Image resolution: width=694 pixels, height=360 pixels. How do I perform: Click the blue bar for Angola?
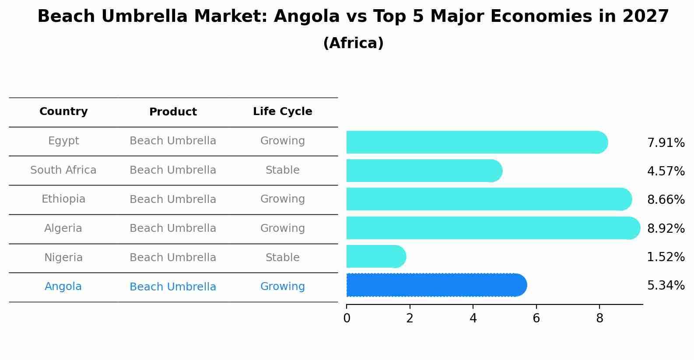click(x=435, y=285)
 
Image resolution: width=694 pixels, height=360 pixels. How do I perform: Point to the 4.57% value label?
click(x=666, y=171)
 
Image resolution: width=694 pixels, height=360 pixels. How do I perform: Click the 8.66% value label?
click(x=666, y=200)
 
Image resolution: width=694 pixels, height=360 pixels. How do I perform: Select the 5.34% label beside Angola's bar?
click(x=666, y=286)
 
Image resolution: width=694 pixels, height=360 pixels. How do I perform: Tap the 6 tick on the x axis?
click(x=536, y=318)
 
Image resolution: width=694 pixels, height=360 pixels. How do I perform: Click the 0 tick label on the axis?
click(x=347, y=318)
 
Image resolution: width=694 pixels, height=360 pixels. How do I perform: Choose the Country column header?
click(x=63, y=112)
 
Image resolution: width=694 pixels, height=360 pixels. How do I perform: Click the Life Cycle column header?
click(x=282, y=112)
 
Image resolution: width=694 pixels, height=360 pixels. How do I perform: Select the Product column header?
click(x=173, y=112)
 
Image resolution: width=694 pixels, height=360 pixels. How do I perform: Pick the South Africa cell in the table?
click(x=63, y=170)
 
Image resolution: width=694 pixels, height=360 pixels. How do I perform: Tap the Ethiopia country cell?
click(x=63, y=199)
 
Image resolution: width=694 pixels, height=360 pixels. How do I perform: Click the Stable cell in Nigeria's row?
click(x=282, y=258)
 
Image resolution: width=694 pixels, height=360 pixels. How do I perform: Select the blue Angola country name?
click(x=63, y=287)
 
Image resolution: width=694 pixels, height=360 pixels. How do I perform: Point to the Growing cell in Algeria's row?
click(x=282, y=228)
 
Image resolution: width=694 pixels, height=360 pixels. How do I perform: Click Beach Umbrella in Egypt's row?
click(x=173, y=141)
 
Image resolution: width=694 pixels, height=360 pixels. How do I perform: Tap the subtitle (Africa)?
click(x=353, y=43)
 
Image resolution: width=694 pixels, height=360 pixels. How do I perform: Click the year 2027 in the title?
click(x=645, y=17)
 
